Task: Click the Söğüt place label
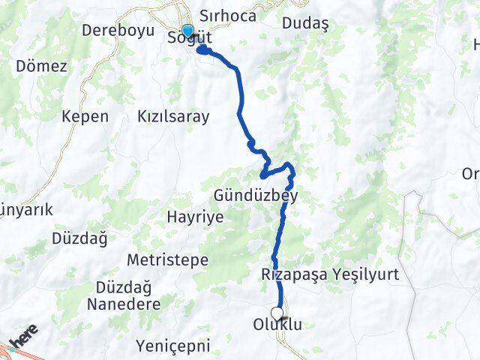click(190, 38)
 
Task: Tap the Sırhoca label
click(228, 16)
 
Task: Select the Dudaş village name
click(306, 23)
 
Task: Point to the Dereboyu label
click(118, 31)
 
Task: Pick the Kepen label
click(85, 116)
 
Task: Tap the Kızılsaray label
click(173, 116)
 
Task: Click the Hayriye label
click(194, 217)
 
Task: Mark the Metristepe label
click(168, 259)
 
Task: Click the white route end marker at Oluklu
click(277, 313)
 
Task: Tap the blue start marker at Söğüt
click(187, 31)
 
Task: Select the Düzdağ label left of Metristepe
click(79, 238)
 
